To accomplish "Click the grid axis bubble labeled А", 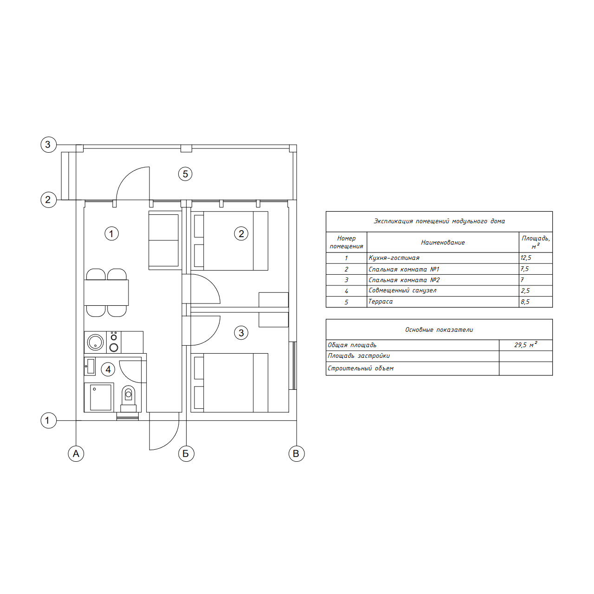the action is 76,453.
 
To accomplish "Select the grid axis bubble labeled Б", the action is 186,453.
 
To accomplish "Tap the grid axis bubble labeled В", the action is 297,453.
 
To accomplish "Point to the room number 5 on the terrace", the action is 185,174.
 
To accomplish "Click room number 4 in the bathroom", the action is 108,369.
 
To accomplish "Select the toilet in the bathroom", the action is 128,399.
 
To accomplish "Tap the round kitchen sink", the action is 95,342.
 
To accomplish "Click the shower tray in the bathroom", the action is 99,397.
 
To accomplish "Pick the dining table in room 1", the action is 106,292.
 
